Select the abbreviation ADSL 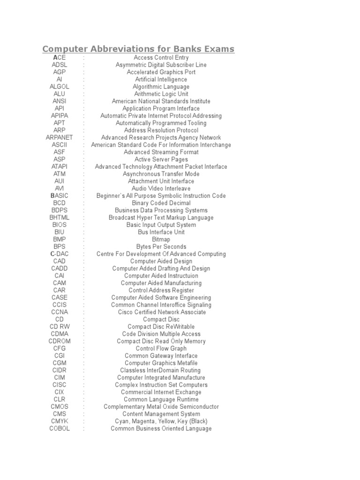(x=60, y=65)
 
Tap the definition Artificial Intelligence (x=161, y=79)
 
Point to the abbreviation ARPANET (x=60, y=137)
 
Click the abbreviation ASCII (x=60, y=145)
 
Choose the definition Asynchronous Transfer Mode (x=161, y=174)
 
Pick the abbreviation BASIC (x=60, y=195)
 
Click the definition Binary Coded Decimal (x=161, y=203)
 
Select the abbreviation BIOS (x=60, y=225)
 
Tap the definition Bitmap (x=161, y=239)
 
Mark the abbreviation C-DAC (x=60, y=254)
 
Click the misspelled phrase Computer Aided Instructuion (x=161, y=276)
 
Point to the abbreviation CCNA (x=60, y=312)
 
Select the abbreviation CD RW (x=60, y=326)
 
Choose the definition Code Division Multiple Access (x=161, y=334)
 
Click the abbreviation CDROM (x=60, y=341)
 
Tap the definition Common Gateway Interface (x=161, y=355)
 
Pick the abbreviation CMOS (x=60, y=406)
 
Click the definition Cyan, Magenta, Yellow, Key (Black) (x=161, y=421)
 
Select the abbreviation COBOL (x=60, y=428)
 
